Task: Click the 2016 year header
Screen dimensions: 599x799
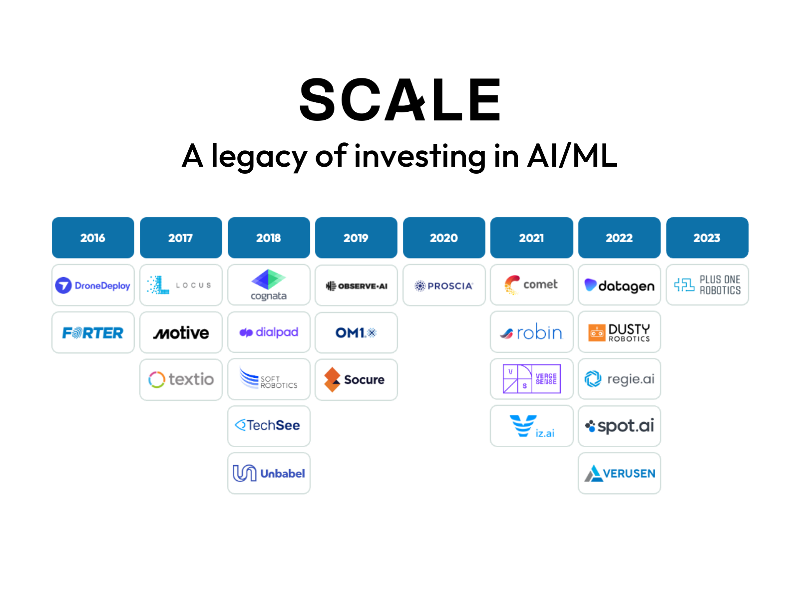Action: pyautogui.click(x=93, y=238)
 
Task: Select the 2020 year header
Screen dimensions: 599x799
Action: pyautogui.click(x=444, y=238)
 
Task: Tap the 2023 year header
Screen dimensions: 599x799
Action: pyautogui.click(x=707, y=238)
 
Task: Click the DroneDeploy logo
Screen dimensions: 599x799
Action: pyautogui.click(x=93, y=285)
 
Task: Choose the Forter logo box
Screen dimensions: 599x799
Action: pyautogui.click(x=93, y=332)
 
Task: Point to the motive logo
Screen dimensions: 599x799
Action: pyautogui.click(x=181, y=332)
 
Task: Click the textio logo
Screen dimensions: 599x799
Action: pyautogui.click(x=181, y=379)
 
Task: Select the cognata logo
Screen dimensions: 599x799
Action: pyautogui.click(x=269, y=285)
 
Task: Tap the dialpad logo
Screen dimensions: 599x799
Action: pyautogui.click(x=269, y=332)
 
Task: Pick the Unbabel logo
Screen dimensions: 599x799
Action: pyautogui.click(x=269, y=473)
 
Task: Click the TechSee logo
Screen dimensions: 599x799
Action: pyautogui.click(x=269, y=426)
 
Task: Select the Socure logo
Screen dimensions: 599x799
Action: pyautogui.click(x=356, y=379)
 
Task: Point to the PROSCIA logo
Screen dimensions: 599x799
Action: pyautogui.click(x=444, y=286)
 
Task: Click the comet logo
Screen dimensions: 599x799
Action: pyautogui.click(x=531, y=285)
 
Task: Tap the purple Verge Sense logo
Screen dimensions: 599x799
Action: pyautogui.click(x=531, y=379)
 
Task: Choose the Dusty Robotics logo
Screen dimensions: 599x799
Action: pyautogui.click(x=619, y=332)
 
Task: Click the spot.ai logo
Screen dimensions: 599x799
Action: pyautogui.click(x=619, y=426)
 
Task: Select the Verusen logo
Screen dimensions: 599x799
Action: pyautogui.click(x=619, y=473)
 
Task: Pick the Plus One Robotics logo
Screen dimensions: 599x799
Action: pyautogui.click(x=707, y=285)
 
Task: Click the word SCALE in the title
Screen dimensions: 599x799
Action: pyautogui.click(x=399, y=100)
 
